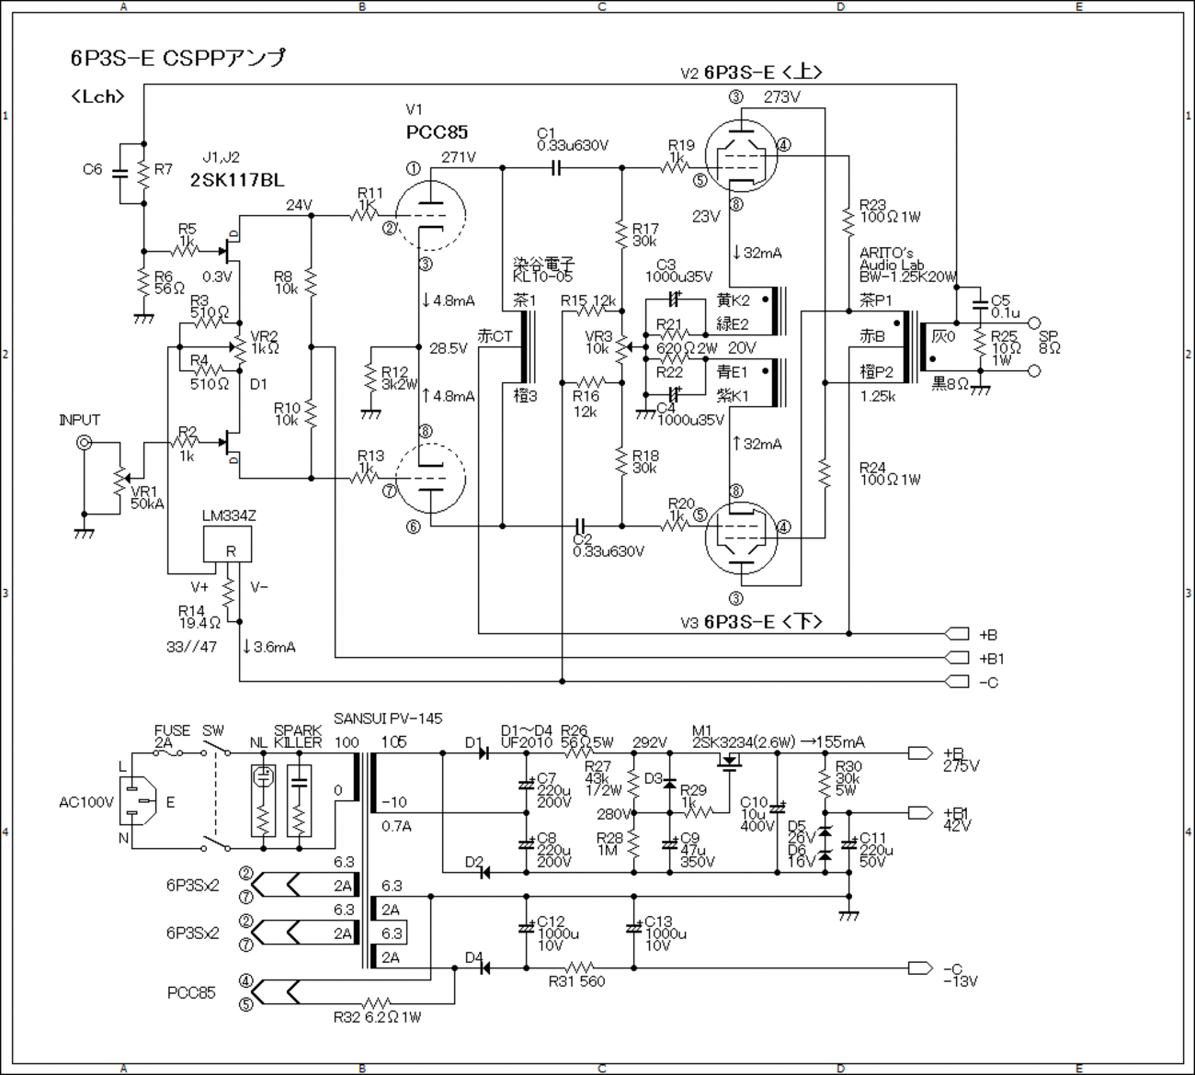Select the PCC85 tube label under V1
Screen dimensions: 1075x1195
437,132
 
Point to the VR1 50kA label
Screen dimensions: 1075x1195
146,498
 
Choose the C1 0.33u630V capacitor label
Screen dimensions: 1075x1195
573,140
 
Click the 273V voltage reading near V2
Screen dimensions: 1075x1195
781,97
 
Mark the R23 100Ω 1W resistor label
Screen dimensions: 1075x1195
889,211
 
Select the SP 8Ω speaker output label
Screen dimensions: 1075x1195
1049,342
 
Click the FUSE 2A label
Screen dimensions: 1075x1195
172,736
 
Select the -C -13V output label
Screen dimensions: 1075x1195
960,975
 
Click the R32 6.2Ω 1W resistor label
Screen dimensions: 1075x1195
377,1017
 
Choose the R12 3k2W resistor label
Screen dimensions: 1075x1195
399,377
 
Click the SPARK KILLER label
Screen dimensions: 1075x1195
298,736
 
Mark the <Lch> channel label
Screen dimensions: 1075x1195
97,96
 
